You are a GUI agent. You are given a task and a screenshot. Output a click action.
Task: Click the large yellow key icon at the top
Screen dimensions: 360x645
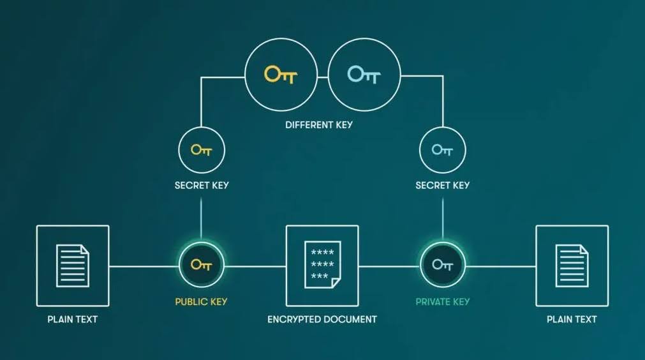[x=281, y=75]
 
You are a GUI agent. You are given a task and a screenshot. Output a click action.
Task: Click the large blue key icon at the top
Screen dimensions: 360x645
[x=364, y=75]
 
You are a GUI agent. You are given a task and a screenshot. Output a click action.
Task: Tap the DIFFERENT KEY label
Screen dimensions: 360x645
[x=318, y=125]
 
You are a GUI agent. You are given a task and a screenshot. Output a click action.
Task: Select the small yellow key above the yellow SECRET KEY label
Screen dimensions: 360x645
[x=202, y=150]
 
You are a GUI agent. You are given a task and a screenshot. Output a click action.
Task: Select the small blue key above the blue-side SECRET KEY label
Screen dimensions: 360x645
[x=442, y=150]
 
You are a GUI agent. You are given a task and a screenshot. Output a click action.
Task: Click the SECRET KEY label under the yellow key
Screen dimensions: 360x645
[x=202, y=186]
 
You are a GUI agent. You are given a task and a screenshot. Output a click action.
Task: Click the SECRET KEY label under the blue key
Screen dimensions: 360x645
[x=442, y=186]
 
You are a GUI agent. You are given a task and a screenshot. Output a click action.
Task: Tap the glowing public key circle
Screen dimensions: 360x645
[x=202, y=265]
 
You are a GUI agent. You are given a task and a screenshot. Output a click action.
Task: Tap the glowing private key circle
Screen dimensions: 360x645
[x=442, y=265]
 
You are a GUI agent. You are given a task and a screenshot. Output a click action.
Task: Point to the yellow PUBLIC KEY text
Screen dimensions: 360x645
[x=202, y=302]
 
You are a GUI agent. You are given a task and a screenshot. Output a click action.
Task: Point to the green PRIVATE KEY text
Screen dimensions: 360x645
[x=442, y=302]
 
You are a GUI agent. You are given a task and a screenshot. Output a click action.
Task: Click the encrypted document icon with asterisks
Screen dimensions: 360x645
[x=322, y=264]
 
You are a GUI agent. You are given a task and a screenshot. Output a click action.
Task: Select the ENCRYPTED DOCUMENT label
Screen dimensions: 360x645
[x=322, y=319]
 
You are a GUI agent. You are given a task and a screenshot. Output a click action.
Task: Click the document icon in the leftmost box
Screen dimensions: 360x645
[x=73, y=266]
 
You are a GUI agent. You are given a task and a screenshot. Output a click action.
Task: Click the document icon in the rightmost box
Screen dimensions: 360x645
[x=572, y=266]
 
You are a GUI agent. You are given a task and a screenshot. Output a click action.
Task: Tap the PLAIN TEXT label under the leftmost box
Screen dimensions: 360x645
[x=73, y=319]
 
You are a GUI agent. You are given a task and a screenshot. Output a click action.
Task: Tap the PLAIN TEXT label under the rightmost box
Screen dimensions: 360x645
[x=572, y=319]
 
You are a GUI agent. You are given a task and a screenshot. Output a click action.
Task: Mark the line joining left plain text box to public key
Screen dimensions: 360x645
[x=144, y=266]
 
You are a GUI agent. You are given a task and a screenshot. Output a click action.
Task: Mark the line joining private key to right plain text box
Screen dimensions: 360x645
[x=501, y=266]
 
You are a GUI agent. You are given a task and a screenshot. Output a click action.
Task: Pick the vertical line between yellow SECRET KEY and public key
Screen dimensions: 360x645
[x=202, y=217]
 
